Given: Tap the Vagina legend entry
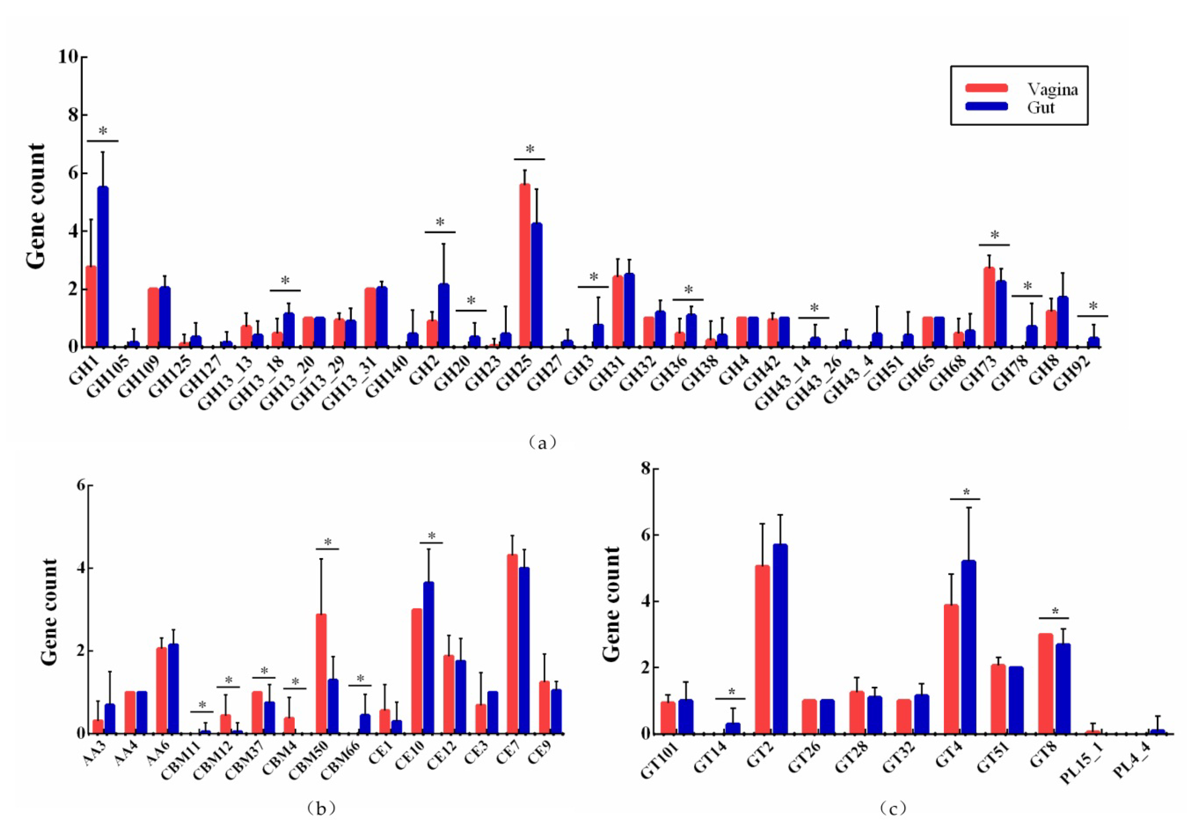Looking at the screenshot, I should pyautogui.click(x=1052, y=89).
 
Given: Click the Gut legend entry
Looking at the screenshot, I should pyautogui.click(x=1041, y=107).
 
